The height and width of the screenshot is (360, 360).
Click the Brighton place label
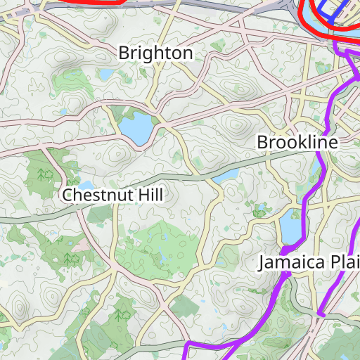(155, 53)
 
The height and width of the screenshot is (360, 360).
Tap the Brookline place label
(297, 142)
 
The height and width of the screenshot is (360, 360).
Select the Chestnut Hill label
(112, 195)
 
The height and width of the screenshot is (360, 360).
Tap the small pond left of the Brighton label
(105, 74)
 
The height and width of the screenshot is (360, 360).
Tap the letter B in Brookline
(262, 142)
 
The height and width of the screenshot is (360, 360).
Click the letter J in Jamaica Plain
(262, 263)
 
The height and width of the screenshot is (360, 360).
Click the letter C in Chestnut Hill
(67, 195)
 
